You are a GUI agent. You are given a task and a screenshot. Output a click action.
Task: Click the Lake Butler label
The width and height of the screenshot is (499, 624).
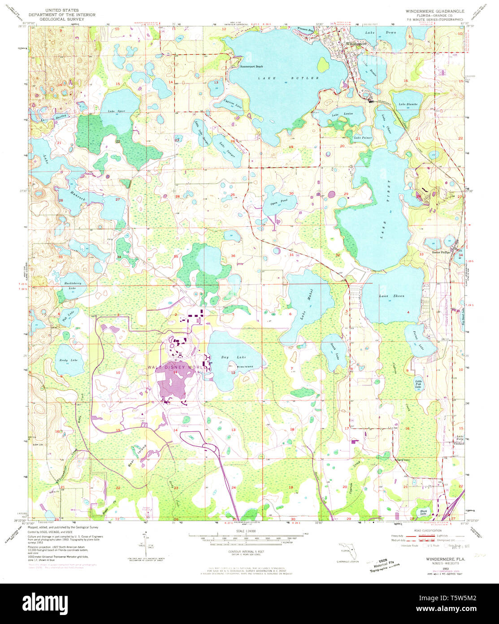pos(288,78)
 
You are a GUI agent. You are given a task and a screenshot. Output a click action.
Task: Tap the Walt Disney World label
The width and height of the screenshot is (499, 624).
pos(177,367)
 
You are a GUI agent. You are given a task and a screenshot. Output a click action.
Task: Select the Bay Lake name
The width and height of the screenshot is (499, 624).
pos(227,357)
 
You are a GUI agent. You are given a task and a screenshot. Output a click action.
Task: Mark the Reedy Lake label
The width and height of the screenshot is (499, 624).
pos(69,360)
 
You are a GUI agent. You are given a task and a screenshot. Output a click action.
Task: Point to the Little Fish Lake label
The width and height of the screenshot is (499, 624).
pos(418,384)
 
